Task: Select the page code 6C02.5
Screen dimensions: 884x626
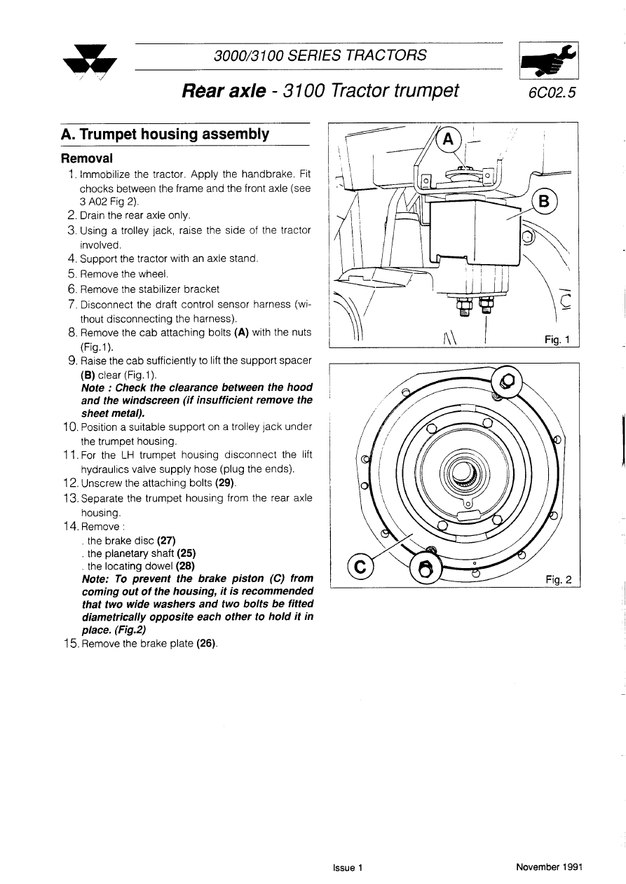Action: pyautogui.click(x=550, y=92)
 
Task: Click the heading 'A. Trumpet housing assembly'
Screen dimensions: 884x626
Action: pyautogui.click(x=165, y=134)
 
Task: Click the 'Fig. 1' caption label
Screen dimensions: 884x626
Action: pyautogui.click(x=558, y=340)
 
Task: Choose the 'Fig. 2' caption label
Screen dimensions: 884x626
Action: pyautogui.click(x=558, y=579)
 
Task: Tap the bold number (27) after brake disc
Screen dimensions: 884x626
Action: pyautogui.click(x=166, y=540)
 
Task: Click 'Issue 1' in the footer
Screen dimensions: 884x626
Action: pyautogui.click(x=348, y=867)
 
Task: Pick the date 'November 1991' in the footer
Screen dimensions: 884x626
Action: pyautogui.click(x=549, y=867)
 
